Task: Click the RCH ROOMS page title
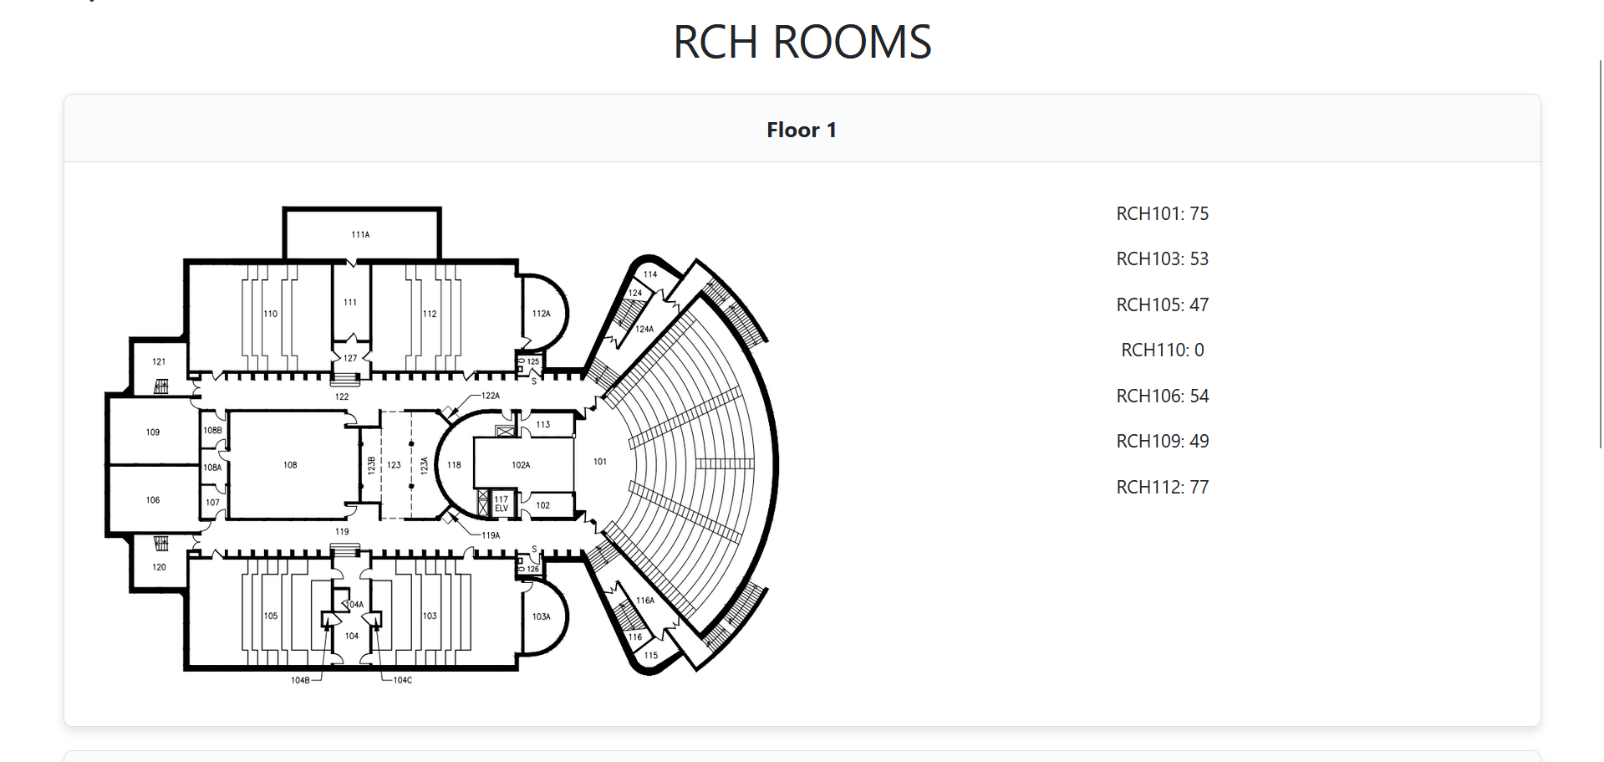(802, 42)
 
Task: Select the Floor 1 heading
(802, 130)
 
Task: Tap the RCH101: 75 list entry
(1162, 213)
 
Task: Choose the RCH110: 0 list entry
(1162, 350)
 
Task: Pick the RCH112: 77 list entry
(1162, 487)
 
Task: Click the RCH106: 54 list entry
(1162, 396)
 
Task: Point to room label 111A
(360, 235)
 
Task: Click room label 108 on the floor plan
(290, 465)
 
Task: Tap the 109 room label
(153, 432)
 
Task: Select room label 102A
(521, 465)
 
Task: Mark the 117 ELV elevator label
(502, 504)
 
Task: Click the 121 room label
(159, 362)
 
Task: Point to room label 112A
(542, 314)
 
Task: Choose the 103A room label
(542, 616)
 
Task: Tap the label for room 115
(651, 656)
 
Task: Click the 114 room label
(650, 274)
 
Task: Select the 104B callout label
(300, 681)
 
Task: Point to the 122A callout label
(491, 396)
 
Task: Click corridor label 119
(342, 532)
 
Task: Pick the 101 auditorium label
(600, 462)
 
